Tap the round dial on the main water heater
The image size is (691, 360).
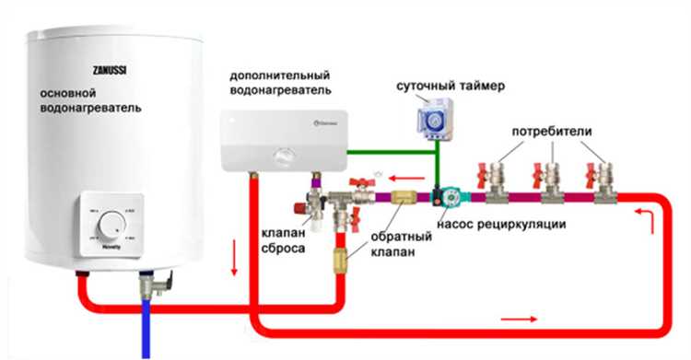[112, 224]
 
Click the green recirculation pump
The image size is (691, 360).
[449, 196]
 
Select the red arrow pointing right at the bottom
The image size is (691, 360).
[519, 318]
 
